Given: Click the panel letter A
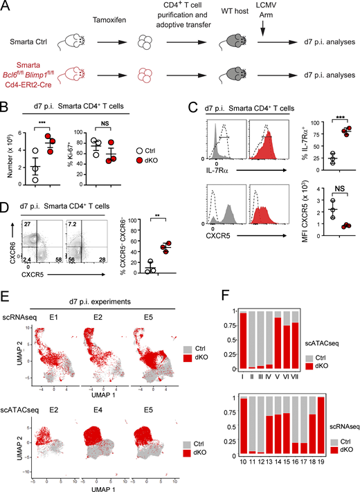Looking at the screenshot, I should pos(6,6).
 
